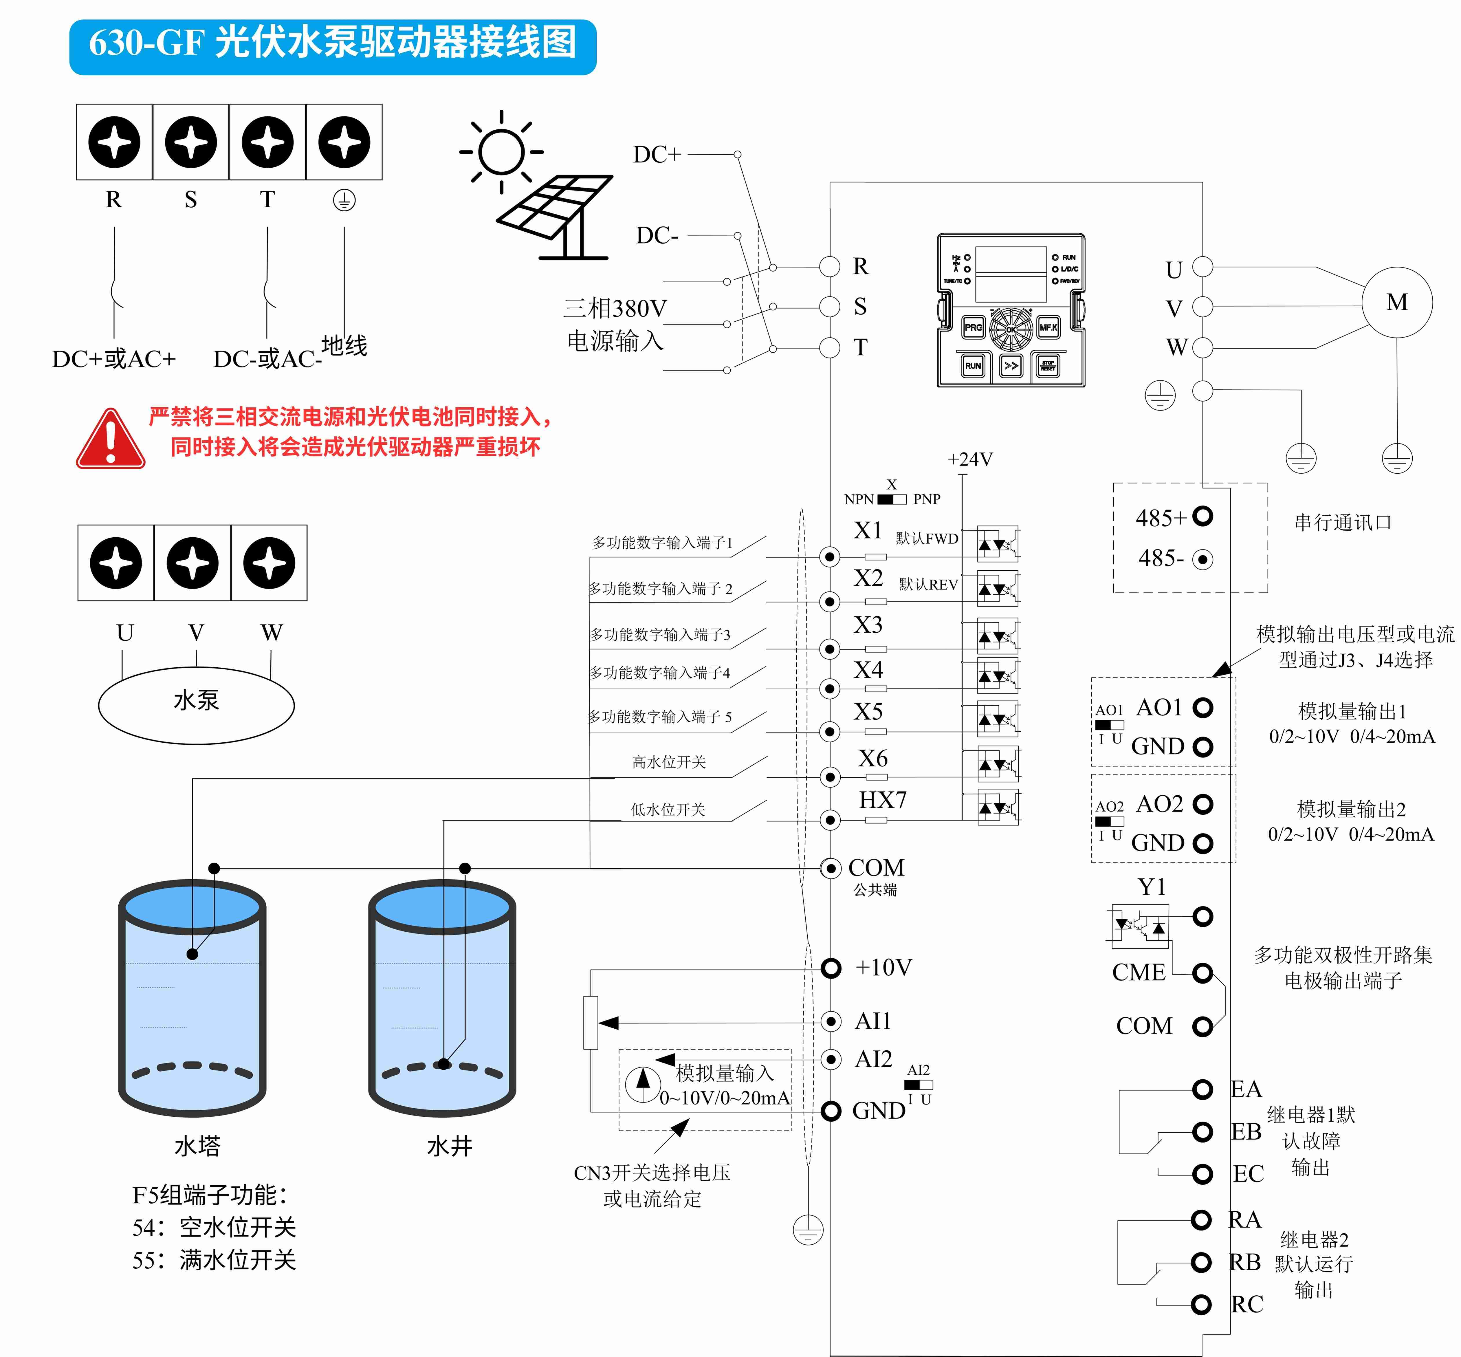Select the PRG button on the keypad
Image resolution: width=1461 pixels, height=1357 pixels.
click(973, 327)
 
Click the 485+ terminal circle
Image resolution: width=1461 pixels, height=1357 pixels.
click(1202, 516)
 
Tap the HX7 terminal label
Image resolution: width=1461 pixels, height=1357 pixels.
click(882, 800)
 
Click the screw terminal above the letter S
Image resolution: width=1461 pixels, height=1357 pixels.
click(191, 142)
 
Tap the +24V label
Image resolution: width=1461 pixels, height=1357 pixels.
click(970, 460)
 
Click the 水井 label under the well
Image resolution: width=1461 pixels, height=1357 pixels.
click(449, 1146)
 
